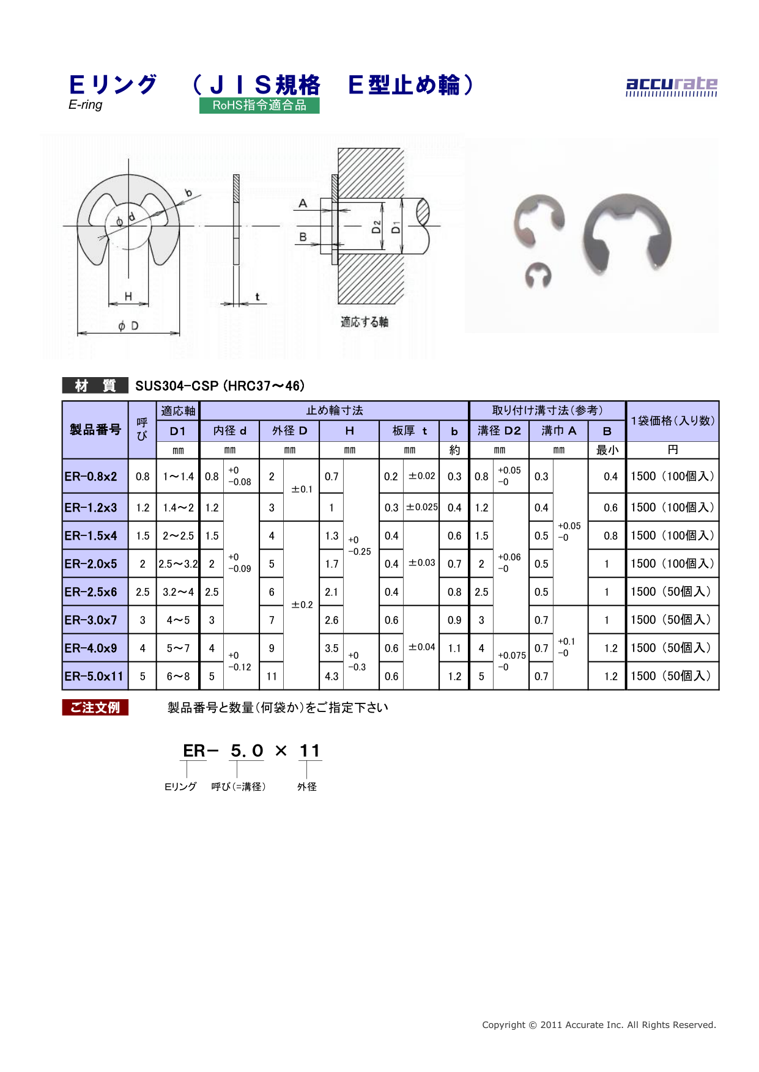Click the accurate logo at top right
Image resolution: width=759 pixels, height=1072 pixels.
(x=672, y=86)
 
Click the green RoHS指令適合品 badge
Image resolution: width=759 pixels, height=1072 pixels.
(x=259, y=105)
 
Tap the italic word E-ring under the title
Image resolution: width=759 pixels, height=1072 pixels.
(x=86, y=105)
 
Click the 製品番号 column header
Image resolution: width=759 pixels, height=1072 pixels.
(x=95, y=430)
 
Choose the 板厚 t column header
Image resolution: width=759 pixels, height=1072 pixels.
(x=410, y=431)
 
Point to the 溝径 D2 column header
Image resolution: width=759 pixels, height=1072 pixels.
(x=499, y=431)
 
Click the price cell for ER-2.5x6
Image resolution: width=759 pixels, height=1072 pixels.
(x=672, y=592)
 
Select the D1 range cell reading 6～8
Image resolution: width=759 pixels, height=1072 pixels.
(x=178, y=676)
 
